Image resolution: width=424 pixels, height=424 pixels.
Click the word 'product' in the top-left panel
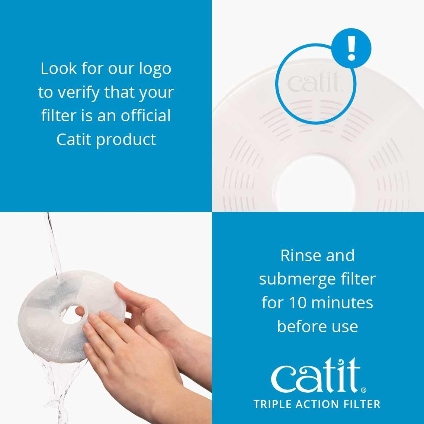point(126,140)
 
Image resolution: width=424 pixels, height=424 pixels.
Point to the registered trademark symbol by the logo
point(363,390)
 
